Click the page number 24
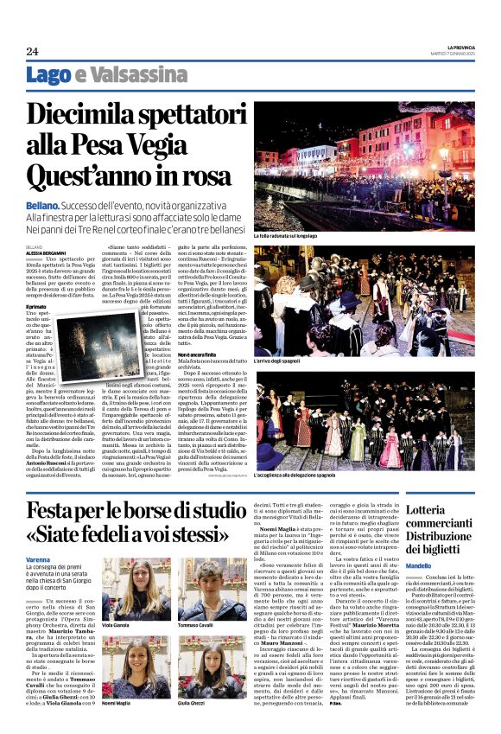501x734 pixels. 32,51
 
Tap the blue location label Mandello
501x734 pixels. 418,565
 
